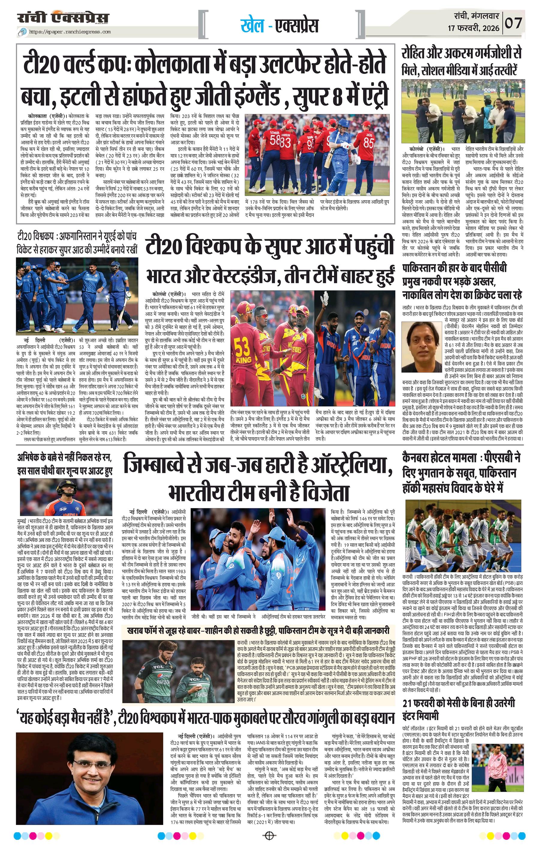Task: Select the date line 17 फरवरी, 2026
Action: point(473,28)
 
